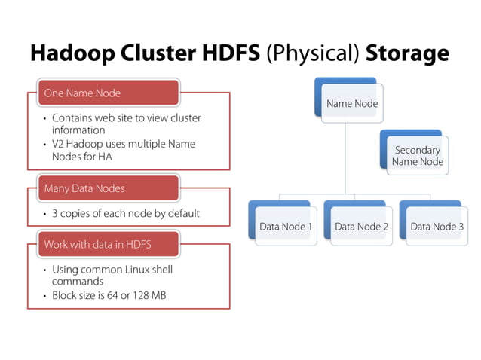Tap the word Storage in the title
(x=407, y=53)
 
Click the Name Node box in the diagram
(x=352, y=104)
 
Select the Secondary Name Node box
(x=418, y=156)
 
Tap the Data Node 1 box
(x=286, y=226)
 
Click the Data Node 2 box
(x=361, y=226)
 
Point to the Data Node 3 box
(x=437, y=226)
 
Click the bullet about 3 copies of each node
(x=125, y=213)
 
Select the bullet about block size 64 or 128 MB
(x=109, y=295)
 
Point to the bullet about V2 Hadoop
(x=123, y=149)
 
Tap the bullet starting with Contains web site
(x=126, y=124)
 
